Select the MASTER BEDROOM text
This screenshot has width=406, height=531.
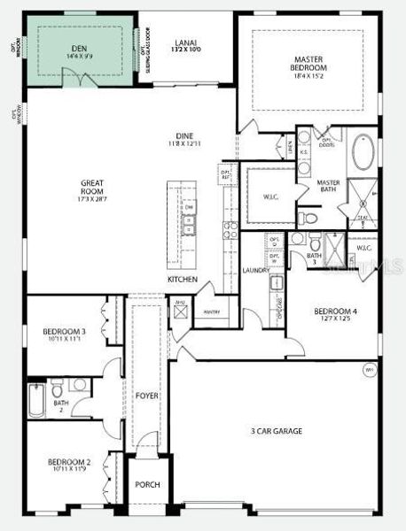coord(308,64)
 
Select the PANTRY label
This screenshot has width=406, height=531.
coord(211,312)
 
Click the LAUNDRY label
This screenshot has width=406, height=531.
coord(254,270)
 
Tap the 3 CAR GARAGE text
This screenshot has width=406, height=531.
coord(276,431)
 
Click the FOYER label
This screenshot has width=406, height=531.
coord(146,395)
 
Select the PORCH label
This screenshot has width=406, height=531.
coord(146,484)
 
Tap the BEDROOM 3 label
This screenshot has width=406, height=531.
coord(64,335)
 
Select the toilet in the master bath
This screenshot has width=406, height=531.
coord(301,218)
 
